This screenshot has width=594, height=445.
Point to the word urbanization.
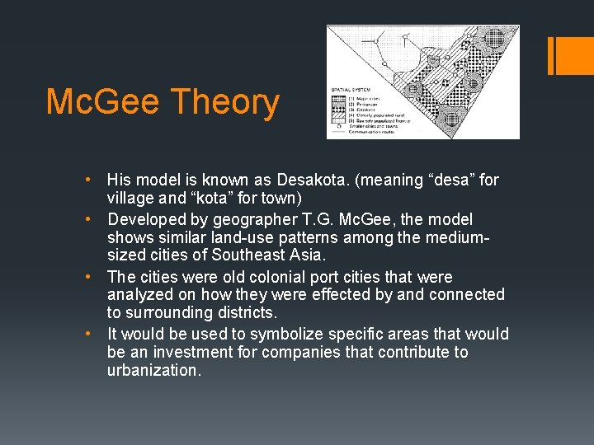coord(153,371)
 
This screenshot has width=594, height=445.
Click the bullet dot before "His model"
coord(97,180)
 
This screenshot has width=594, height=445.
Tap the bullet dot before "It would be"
coord(97,335)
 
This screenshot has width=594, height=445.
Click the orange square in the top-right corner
coord(574,56)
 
